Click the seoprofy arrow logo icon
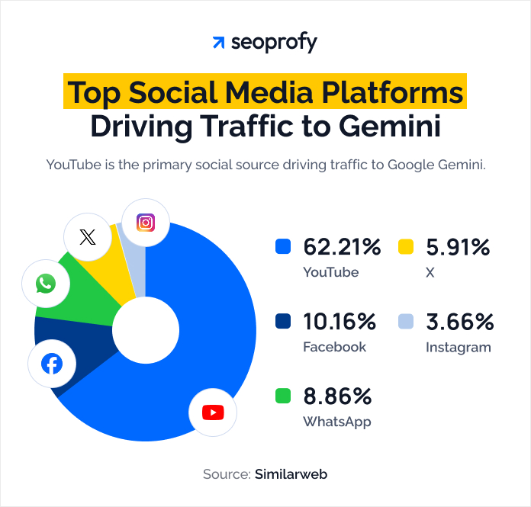click(x=219, y=43)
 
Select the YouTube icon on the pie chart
click(x=213, y=412)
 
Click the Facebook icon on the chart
click(x=52, y=364)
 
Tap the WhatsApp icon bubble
click(x=46, y=284)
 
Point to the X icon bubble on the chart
click(x=88, y=237)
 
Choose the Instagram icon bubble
click(x=146, y=222)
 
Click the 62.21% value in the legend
click(x=342, y=247)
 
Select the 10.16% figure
click(x=340, y=322)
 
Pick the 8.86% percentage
click(x=337, y=396)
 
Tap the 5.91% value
click(x=459, y=247)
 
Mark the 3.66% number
click(x=460, y=322)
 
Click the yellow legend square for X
click(x=406, y=247)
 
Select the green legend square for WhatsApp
click(x=283, y=396)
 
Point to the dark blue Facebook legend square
click(x=283, y=322)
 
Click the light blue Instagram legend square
click(x=406, y=322)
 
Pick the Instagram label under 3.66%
click(x=458, y=347)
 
